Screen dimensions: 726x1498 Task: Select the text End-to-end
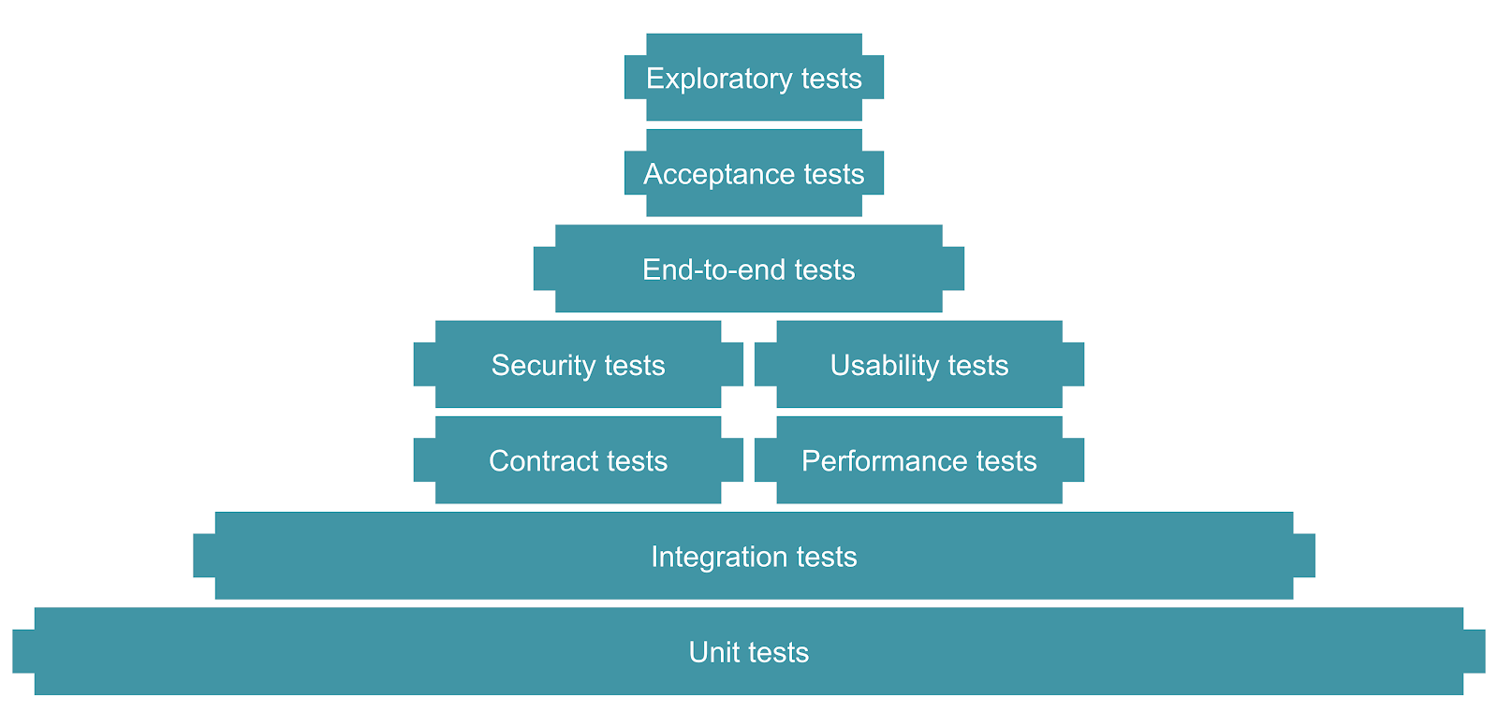(714, 269)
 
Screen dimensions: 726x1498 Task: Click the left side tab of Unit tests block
(23, 651)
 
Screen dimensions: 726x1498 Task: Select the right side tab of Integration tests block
(1304, 556)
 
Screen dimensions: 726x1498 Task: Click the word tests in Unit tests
(779, 652)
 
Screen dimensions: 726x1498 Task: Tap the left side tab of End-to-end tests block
(544, 269)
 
